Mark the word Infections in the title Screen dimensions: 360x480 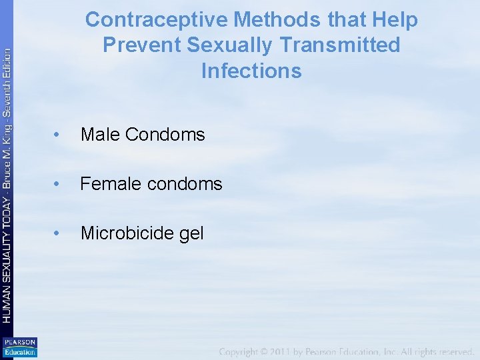tap(251, 71)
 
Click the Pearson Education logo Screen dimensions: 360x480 tap(19, 347)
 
